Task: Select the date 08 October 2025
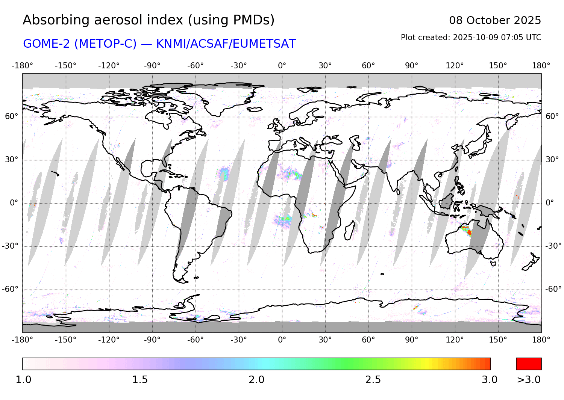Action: coord(495,21)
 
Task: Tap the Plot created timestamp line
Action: coord(471,38)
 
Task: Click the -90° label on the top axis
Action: coord(152,66)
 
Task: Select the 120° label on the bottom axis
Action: coord(455,340)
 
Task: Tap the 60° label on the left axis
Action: coord(11,116)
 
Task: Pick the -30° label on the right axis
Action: coord(553,246)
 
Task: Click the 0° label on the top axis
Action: coord(282,66)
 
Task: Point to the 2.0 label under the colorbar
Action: coord(256,380)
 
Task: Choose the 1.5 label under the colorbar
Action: coord(140,380)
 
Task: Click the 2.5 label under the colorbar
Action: coord(373,380)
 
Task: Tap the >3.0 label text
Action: coord(529,380)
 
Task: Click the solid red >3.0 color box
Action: coord(529,364)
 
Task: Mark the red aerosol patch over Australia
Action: coord(468,232)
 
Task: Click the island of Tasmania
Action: coord(493,264)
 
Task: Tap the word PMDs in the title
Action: coord(254,20)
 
